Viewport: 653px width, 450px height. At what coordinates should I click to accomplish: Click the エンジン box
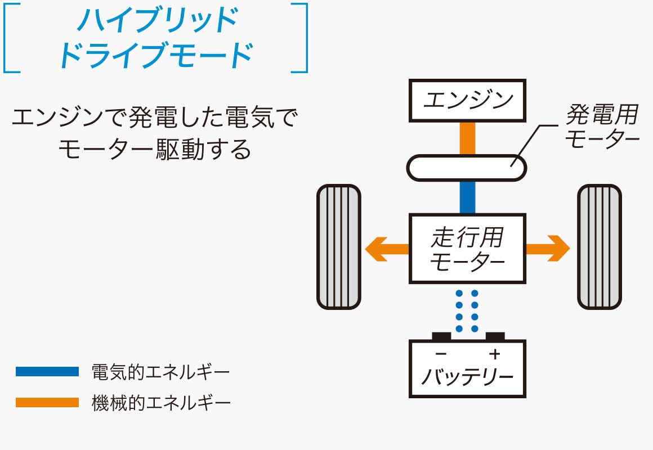pos(467,101)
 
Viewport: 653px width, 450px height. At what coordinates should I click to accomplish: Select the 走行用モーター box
pos(467,248)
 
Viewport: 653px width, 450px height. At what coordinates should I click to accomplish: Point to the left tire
pos(338,247)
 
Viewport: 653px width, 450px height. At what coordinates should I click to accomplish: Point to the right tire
pos(600,247)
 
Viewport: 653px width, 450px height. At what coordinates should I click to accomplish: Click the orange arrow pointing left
pos(386,248)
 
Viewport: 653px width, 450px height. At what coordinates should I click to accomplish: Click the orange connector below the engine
pos(467,138)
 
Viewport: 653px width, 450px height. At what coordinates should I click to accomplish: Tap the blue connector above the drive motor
pos(467,197)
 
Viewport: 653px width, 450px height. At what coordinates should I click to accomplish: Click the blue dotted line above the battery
pos(467,310)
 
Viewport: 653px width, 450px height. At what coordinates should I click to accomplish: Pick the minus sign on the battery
pos(441,354)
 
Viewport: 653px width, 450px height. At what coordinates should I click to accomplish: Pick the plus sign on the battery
pos(494,354)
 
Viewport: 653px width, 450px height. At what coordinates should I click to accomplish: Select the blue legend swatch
pos(47,371)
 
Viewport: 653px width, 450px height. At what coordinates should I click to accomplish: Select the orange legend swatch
pos(47,403)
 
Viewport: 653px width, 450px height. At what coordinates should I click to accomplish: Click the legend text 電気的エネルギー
pos(160,372)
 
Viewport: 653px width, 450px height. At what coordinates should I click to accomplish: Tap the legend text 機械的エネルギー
pos(160,403)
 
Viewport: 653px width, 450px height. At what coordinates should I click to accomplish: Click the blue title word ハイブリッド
pos(156,21)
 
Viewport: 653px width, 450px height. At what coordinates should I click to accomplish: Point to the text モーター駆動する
pos(154,150)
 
